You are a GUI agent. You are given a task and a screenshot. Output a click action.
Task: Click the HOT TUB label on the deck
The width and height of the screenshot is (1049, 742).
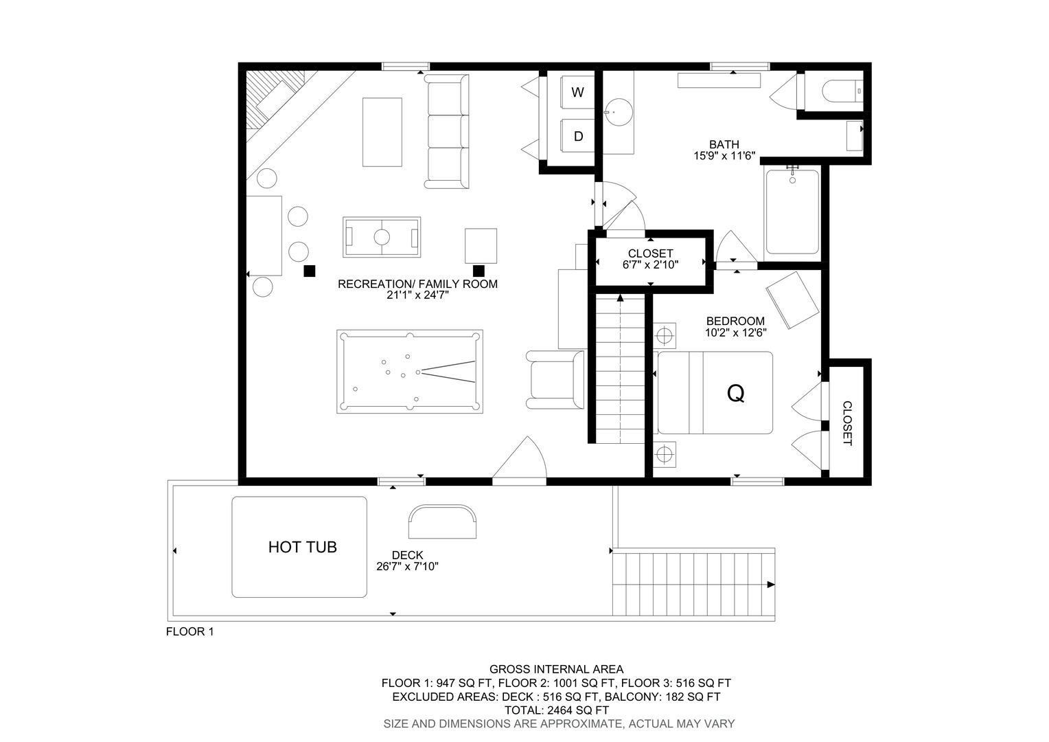tap(303, 547)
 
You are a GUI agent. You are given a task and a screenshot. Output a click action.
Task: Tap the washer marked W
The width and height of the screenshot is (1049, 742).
tap(577, 92)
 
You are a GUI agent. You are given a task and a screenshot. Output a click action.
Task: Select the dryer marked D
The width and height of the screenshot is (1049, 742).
tap(577, 136)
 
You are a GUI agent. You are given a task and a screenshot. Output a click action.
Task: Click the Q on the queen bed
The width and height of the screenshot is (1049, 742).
tap(736, 394)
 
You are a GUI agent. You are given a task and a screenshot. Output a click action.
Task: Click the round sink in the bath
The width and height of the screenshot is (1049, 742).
tap(618, 112)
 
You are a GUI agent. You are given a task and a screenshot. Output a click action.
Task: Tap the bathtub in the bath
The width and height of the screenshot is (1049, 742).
tap(792, 212)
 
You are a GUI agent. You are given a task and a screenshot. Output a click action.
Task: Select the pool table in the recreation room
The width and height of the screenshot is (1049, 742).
tap(410, 372)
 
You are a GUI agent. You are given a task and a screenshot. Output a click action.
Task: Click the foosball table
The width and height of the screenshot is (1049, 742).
tap(382, 237)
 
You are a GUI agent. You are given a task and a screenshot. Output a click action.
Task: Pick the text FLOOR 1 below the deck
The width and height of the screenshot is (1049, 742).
tap(189, 632)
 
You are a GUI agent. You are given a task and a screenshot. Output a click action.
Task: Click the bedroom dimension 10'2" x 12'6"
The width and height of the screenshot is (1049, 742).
tap(735, 333)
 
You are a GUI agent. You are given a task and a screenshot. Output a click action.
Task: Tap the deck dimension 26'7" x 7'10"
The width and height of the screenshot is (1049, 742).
tap(407, 567)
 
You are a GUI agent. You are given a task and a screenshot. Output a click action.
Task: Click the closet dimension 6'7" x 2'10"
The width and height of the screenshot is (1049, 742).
tap(650, 265)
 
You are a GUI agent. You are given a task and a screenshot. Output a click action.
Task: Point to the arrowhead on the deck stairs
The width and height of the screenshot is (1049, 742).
tap(771, 585)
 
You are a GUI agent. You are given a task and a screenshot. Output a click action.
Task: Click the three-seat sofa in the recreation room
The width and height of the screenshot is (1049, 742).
tap(447, 132)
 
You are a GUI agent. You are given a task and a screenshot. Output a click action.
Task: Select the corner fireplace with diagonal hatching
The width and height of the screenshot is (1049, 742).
tap(276, 100)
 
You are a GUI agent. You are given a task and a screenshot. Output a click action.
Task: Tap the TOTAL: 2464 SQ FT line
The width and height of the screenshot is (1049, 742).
tap(556, 710)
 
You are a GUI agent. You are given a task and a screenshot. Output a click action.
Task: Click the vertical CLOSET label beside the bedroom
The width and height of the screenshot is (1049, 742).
tap(847, 423)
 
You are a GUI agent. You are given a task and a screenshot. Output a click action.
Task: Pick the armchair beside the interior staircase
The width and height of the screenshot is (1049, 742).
tap(555, 380)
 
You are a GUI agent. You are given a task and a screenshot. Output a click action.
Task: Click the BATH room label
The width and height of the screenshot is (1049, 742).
tap(724, 144)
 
